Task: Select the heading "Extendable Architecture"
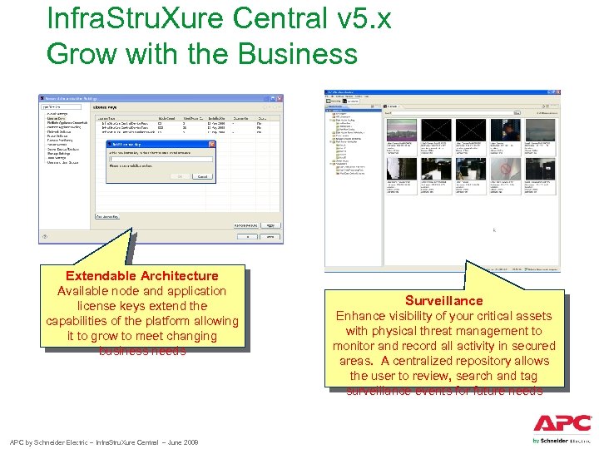(x=141, y=276)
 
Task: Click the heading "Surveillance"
(x=443, y=301)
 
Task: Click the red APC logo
(x=562, y=422)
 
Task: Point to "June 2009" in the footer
(x=181, y=442)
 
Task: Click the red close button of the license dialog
(x=211, y=145)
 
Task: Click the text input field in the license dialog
(x=160, y=159)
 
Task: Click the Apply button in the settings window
(x=269, y=224)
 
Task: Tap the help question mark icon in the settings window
(x=44, y=236)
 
